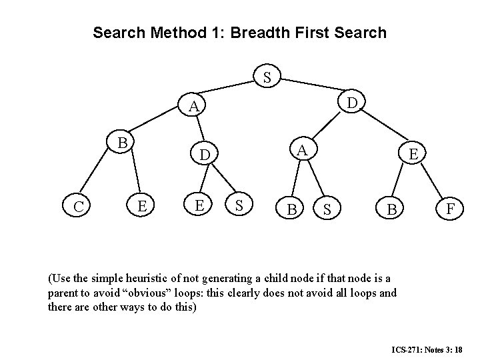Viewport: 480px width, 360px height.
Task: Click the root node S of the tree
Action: pyautogui.click(x=267, y=78)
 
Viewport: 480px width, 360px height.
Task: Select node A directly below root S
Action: pyautogui.click(x=193, y=107)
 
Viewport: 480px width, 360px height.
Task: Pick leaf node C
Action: pyautogui.click(x=79, y=207)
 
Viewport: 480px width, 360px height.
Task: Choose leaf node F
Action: pyautogui.click(x=451, y=209)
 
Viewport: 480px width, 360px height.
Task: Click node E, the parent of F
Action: pyautogui.click(x=414, y=155)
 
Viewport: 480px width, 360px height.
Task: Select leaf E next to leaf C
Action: pyautogui.click(x=142, y=206)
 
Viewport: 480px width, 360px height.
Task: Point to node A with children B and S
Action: pyautogui.click(x=302, y=149)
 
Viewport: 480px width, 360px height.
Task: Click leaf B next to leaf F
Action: pyautogui.click(x=393, y=210)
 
